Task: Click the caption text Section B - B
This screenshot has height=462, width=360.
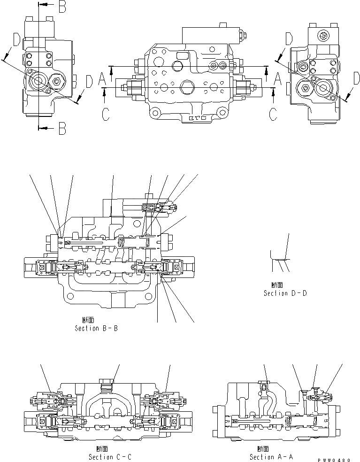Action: coord(96,328)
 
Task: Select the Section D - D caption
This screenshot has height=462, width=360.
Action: coord(285,293)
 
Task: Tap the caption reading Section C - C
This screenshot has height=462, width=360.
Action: coord(110,457)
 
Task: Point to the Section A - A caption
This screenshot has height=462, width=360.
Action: coord(271,457)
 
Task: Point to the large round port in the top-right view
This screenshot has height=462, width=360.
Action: coord(323,87)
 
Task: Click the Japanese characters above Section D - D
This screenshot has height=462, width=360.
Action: coord(277,285)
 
